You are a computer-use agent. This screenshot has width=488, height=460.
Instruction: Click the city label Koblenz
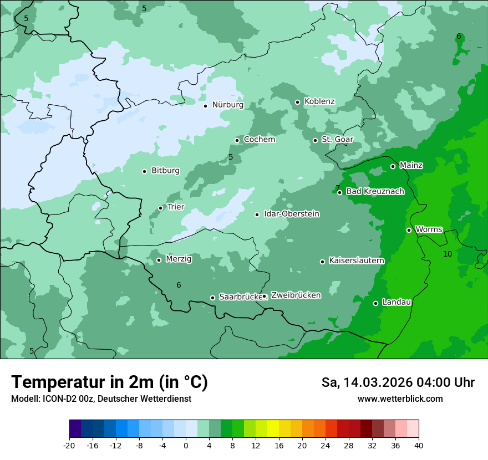tap(319, 101)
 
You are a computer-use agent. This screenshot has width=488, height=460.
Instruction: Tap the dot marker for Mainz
tap(393, 166)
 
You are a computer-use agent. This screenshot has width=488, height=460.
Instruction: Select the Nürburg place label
tap(227, 105)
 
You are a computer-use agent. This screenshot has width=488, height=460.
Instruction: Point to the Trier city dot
tap(160, 208)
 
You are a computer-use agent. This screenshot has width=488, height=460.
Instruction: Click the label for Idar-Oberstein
tap(291, 214)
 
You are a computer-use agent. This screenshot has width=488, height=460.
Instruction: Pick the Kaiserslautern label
tap(356, 260)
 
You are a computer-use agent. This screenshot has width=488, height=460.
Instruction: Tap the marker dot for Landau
tap(375, 303)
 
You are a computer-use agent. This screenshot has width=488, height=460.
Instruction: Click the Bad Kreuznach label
tap(375, 192)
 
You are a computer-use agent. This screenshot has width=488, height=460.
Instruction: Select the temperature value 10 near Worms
tap(448, 254)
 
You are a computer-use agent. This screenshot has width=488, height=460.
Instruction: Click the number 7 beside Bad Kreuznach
tap(337, 188)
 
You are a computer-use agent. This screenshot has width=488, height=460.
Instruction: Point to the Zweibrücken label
tap(296, 295)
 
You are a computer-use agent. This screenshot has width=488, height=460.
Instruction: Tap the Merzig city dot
tap(159, 260)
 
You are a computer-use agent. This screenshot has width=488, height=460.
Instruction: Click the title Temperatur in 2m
tap(109, 382)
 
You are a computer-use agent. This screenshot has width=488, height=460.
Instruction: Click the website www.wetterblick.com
tap(400, 398)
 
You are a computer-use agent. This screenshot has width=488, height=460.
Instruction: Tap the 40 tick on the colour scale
tap(419, 445)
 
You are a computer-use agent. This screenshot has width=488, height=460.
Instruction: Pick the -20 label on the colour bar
tap(69, 445)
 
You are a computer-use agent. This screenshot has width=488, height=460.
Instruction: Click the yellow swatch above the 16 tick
tap(273, 429)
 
